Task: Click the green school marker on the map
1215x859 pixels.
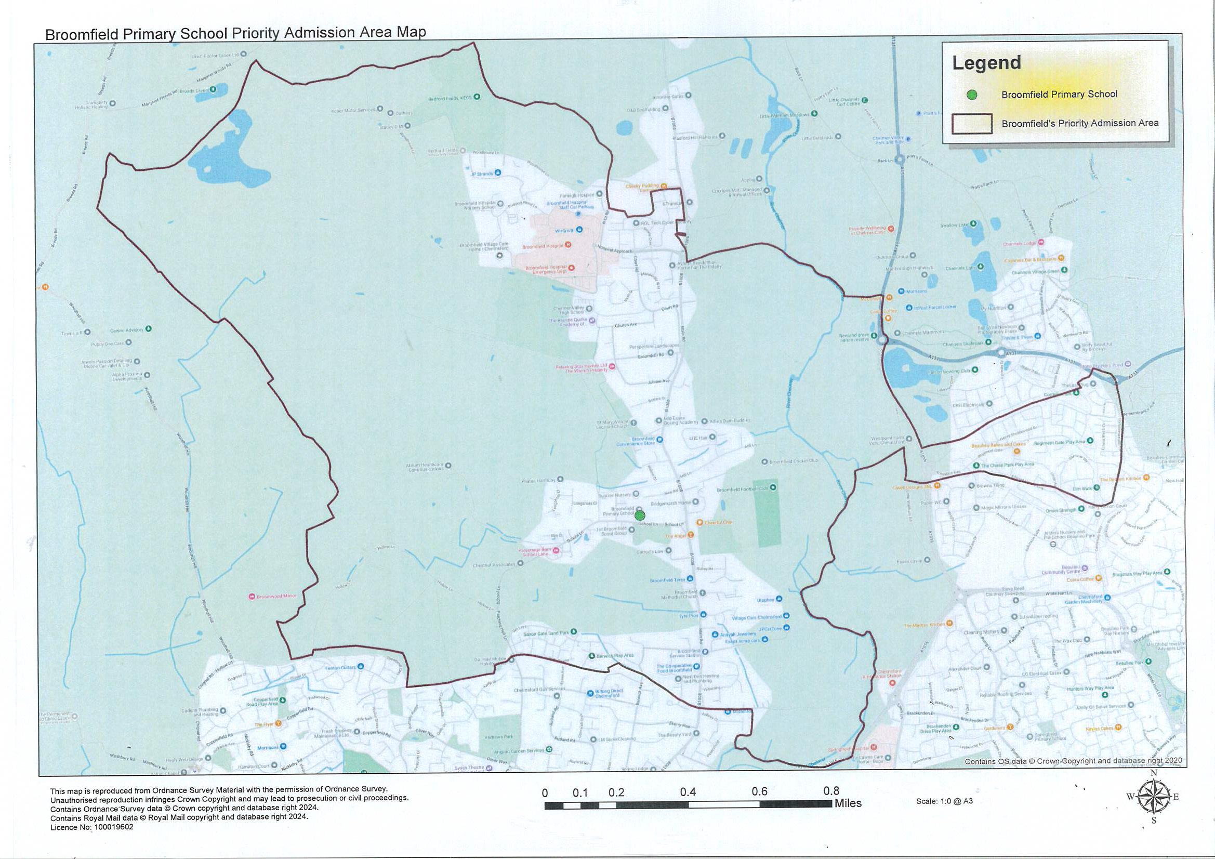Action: pos(640,515)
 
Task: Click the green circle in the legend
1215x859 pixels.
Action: pos(971,95)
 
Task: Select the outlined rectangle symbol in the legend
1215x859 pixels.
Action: pos(972,124)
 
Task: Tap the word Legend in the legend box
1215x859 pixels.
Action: pos(986,63)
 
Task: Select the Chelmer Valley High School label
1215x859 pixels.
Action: pos(570,310)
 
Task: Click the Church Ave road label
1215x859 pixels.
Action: pos(626,325)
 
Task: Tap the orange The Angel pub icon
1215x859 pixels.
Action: pos(690,535)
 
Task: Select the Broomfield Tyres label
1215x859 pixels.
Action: pos(667,580)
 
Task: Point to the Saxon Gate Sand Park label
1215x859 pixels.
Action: pos(546,633)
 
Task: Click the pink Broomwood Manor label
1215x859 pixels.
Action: pos(276,597)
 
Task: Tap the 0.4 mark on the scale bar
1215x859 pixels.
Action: pos(688,792)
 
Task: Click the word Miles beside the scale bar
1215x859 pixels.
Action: pos(848,803)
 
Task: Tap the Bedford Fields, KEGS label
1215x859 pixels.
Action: pos(450,98)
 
